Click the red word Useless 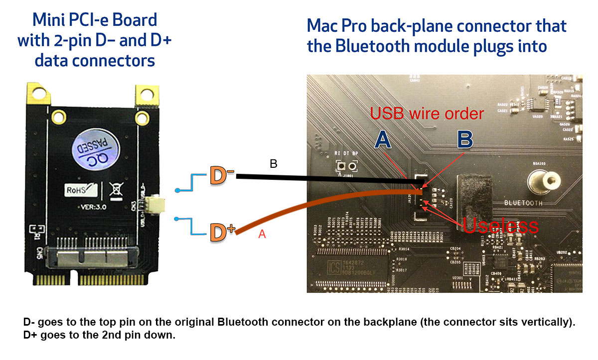click(x=501, y=225)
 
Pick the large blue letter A click(x=383, y=140)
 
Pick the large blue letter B click(x=464, y=139)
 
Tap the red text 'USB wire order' click(x=427, y=114)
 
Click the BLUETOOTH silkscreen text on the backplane click(x=523, y=203)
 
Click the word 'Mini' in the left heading click(x=49, y=20)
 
